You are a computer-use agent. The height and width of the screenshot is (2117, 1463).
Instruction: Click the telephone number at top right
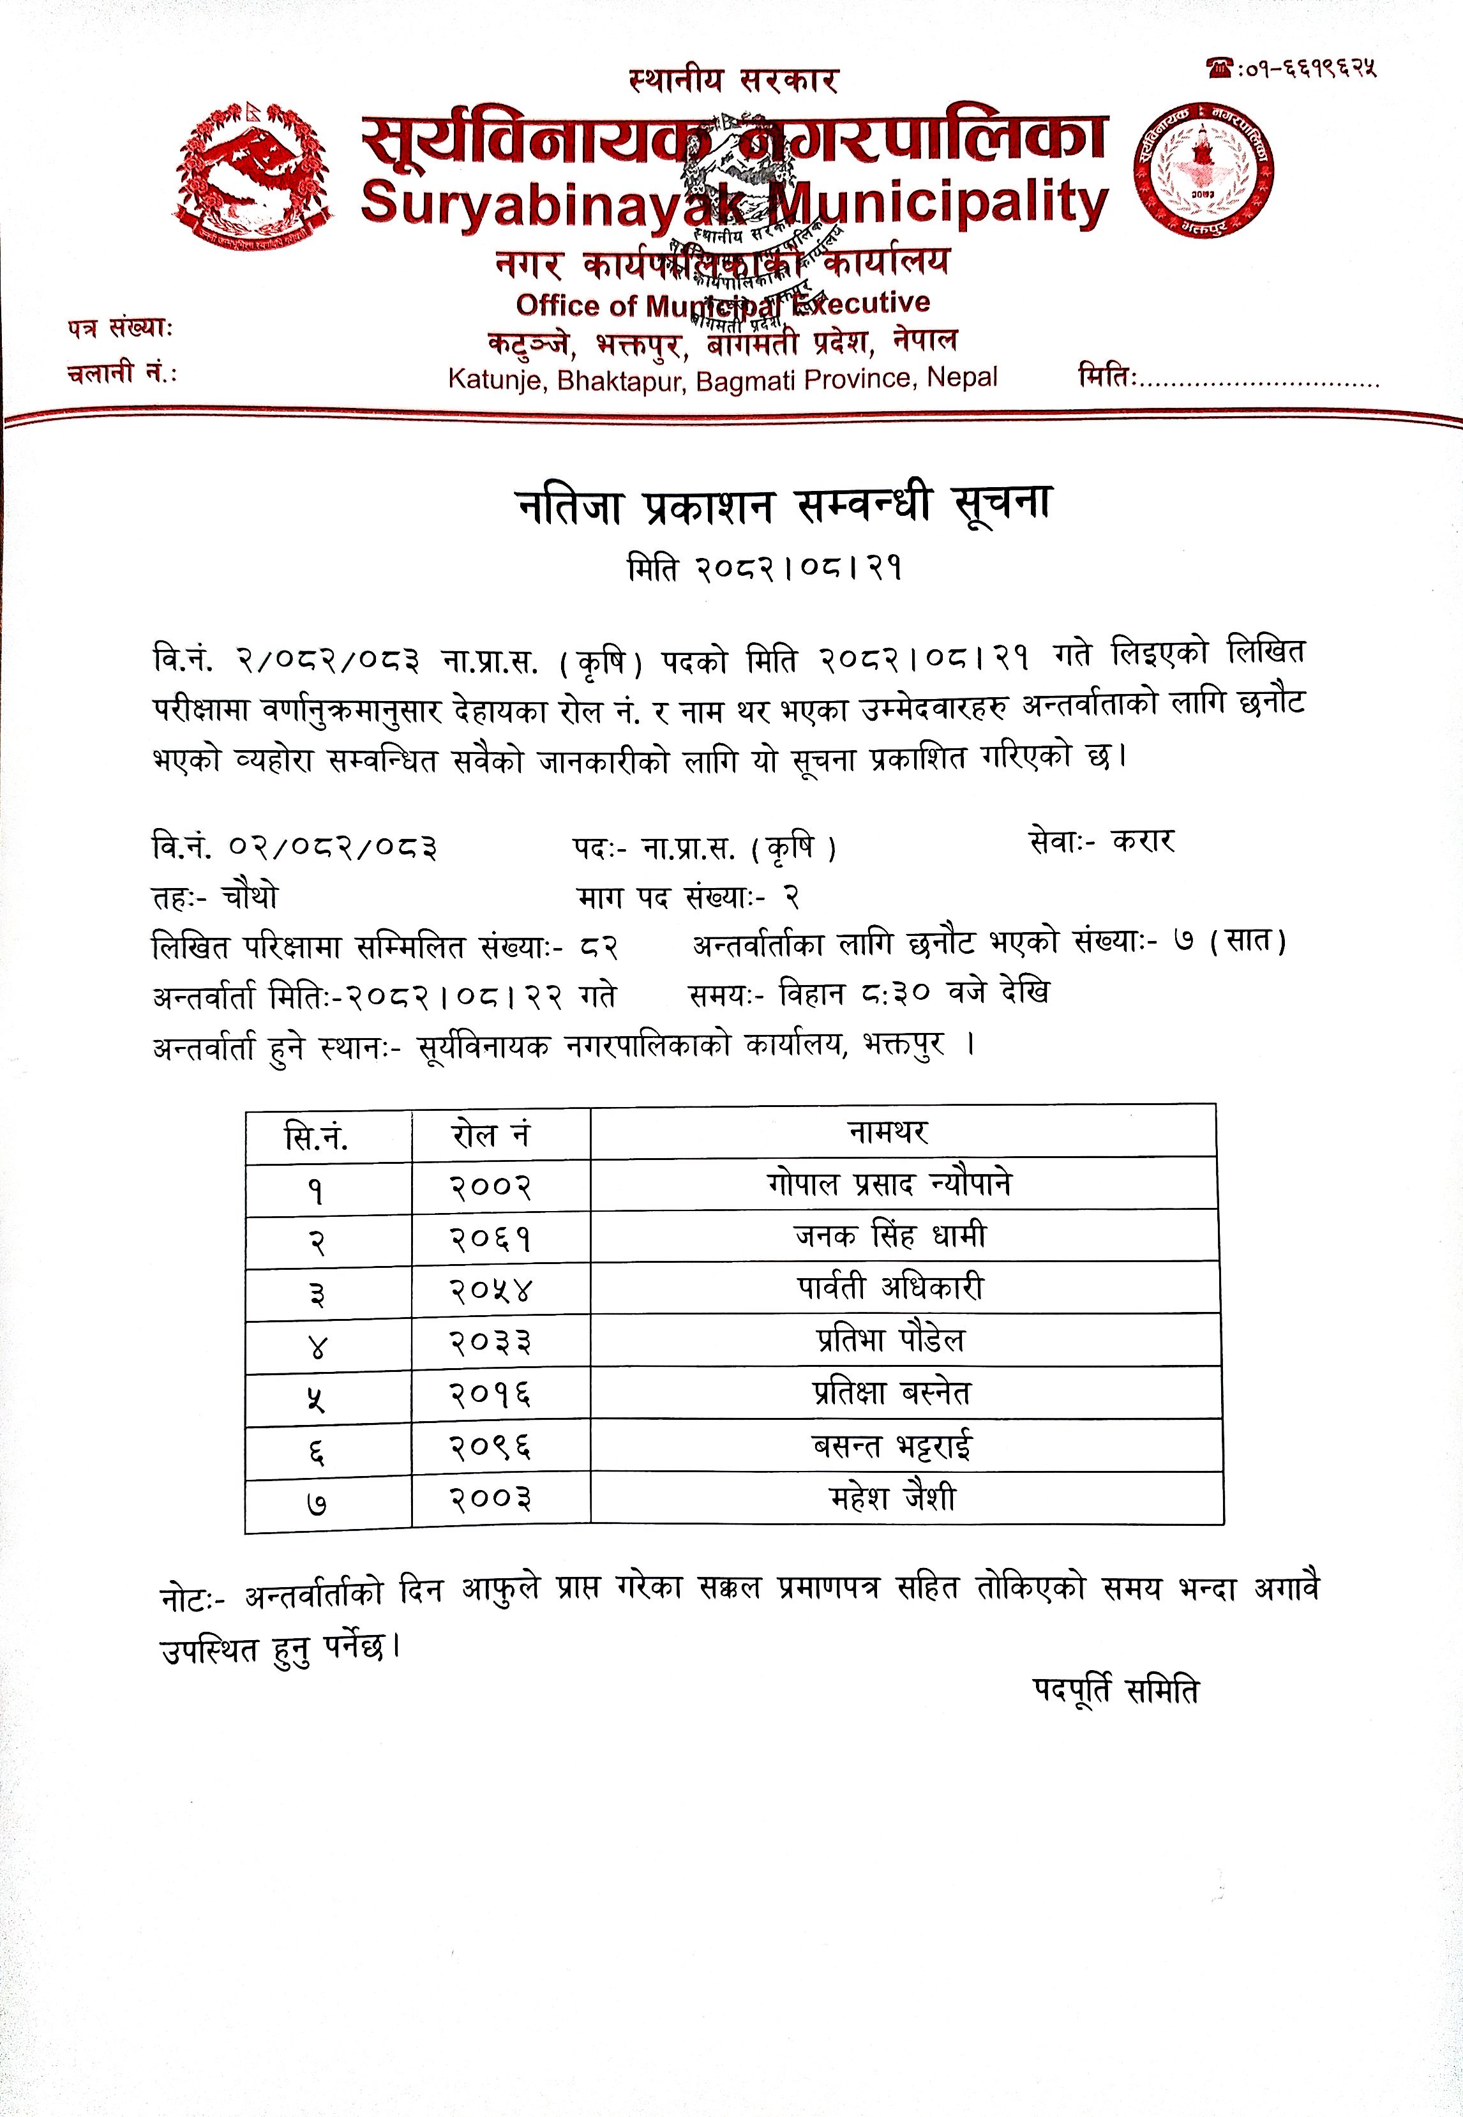(x=1293, y=68)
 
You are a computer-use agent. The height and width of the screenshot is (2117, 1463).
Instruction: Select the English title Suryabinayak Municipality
(x=734, y=202)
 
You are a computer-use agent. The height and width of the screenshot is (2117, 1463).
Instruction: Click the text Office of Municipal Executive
(x=723, y=303)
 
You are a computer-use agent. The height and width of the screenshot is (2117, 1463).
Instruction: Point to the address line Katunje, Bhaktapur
(x=723, y=379)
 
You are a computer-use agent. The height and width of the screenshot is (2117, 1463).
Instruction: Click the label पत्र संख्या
(x=119, y=328)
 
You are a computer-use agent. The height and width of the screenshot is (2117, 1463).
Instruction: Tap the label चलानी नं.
(x=122, y=373)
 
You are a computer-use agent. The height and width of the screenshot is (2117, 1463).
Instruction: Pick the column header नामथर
(x=887, y=1133)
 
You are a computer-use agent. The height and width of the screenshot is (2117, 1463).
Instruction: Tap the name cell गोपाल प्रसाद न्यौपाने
(x=889, y=1184)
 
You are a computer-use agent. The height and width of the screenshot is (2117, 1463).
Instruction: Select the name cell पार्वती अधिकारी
(x=889, y=1288)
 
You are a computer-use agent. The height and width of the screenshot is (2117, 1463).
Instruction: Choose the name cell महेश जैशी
(x=892, y=1498)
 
